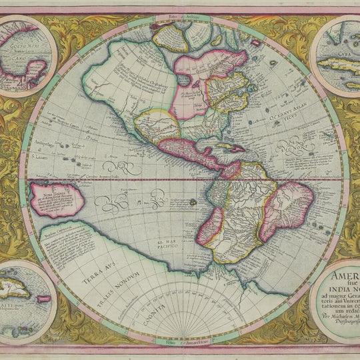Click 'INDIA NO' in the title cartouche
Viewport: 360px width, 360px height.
click(x=341, y=292)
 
